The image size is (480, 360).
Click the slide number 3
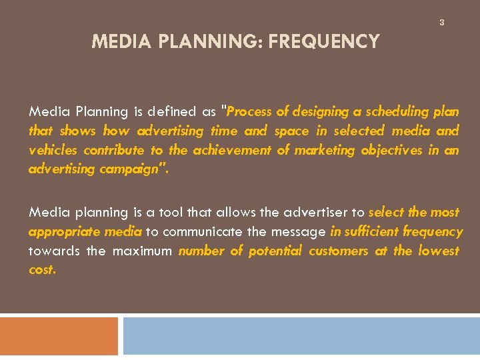(441, 23)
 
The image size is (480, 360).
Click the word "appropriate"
(61, 232)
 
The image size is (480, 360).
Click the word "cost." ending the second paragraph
(43, 271)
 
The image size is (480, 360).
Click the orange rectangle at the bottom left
(59, 336)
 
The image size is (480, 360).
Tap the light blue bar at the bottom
(301, 336)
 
